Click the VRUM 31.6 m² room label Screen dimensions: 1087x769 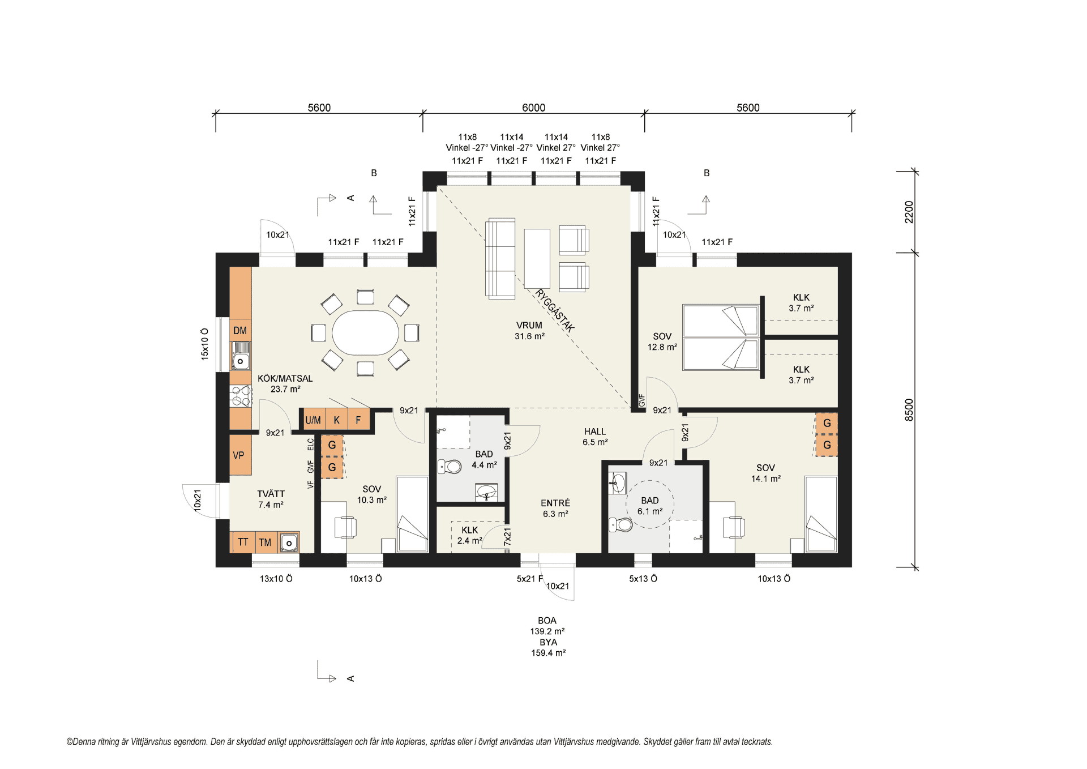tap(529, 331)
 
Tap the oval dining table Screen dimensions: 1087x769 tap(365, 332)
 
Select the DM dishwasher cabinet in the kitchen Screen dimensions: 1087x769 tap(240, 331)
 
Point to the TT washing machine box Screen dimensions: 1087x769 tap(243, 542)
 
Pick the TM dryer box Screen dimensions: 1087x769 tap(266, 542)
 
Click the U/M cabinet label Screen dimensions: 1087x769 tap(313, 420)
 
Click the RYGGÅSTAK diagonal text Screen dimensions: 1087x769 tap(555, 310)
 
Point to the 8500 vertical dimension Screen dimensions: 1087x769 tap(909, 410)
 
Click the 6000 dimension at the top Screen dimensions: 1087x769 tap(533, 108)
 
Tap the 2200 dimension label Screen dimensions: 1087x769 tap(909, 212)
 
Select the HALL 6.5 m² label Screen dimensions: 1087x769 tap(595, 437)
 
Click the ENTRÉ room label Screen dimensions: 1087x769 tap(555, 503)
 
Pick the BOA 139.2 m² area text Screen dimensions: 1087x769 tap(547, 626)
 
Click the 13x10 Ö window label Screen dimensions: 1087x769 tap(276, 579)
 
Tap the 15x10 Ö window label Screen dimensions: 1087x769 tap(205, 344)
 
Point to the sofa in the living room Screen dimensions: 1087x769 tap(500, 259)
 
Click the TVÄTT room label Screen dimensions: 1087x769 tap(271, 494)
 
